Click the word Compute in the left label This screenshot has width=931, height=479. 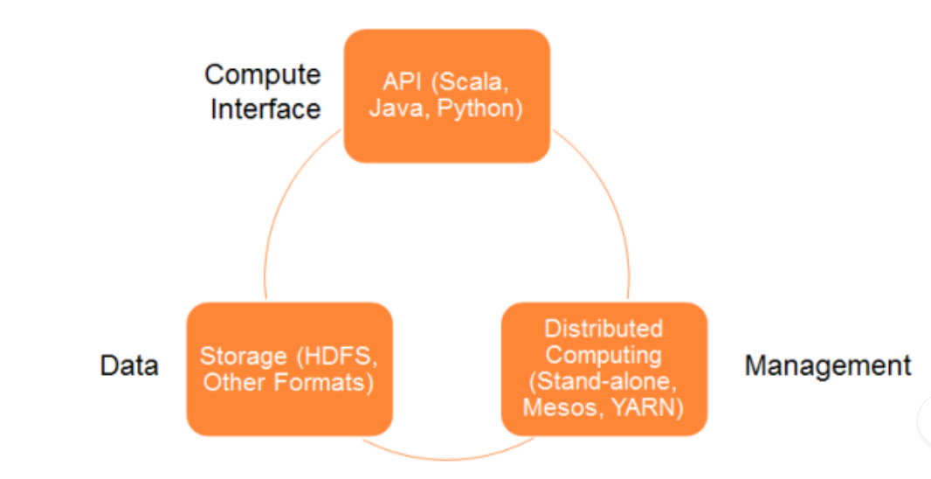tap(262, 76)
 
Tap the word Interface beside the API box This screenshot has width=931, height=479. tap(266, 109)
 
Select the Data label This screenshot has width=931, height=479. tap(129, 365)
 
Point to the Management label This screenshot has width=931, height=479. tap(828, 365)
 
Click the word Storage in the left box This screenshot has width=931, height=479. tap(244, 357)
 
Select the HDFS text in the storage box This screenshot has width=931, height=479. tap(337, 357)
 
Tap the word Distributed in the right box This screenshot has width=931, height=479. tap(603, 329)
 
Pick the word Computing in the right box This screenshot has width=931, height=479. tap(603, 356)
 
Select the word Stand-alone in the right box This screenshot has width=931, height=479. tap(603, 381)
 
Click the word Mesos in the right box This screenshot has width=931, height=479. tap(556, 408)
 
